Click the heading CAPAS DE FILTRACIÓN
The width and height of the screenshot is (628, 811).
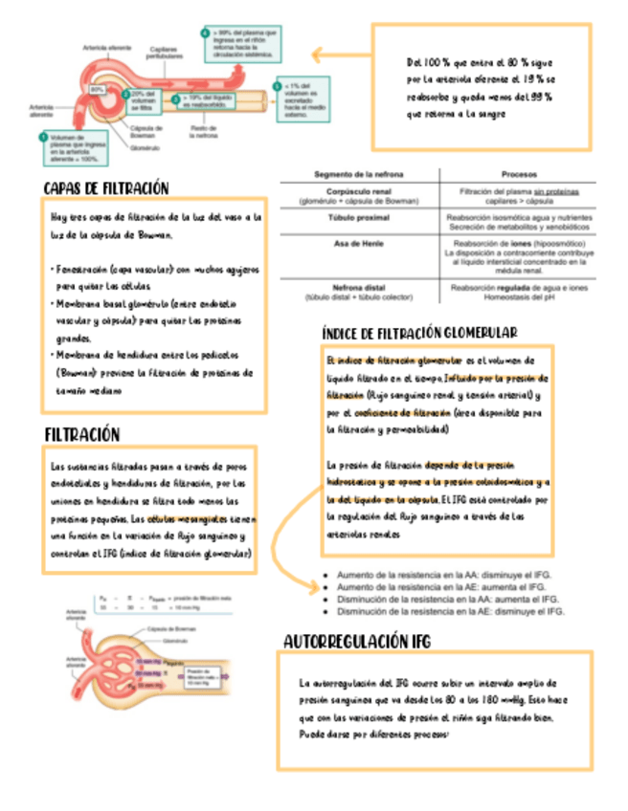(105, 187)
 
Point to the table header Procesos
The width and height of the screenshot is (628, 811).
(518, 175)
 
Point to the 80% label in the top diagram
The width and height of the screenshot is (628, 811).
(98, 89)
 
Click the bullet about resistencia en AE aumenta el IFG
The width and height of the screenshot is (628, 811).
(444, 586)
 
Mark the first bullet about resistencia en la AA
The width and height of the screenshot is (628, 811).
(444, 575)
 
